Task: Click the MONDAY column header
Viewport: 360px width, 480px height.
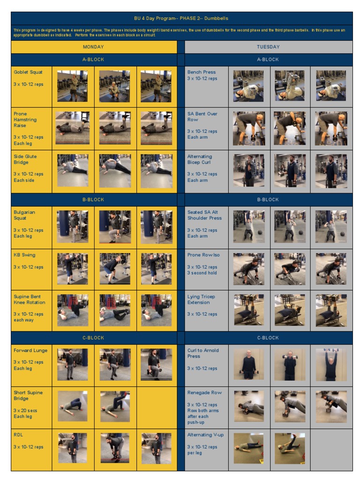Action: [93, 47]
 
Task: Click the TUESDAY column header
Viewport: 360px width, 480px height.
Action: [268, 47]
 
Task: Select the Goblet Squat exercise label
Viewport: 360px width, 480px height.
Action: [28, 72]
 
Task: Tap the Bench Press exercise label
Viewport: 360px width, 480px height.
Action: [202, 72]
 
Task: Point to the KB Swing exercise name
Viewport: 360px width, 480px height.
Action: [24, 255]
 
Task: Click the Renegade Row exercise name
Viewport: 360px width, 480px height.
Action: [204, 392]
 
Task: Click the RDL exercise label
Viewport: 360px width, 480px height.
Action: [18, 435]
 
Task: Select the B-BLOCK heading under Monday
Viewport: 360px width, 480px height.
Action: [93, 200]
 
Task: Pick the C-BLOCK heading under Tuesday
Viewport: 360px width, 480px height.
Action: [268, 337]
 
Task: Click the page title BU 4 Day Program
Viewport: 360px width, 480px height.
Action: [181, 18]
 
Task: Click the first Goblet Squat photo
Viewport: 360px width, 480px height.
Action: [73, 86]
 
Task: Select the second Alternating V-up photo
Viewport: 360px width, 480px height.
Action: [290, 449]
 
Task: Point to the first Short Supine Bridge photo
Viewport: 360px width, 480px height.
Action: [73, 406]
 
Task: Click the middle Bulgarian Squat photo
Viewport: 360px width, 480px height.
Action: [115, 226]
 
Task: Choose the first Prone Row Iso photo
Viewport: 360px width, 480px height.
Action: [248, 269]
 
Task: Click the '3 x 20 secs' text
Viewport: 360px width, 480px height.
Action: [25, 411]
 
